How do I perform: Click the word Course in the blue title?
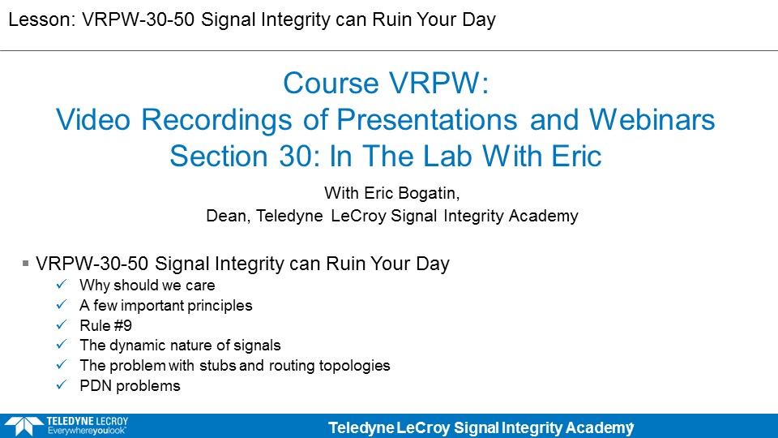tap(331, 83)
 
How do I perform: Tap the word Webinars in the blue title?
tap(652, 120)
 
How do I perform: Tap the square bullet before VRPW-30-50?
tap(26, 263)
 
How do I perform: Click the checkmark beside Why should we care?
tap(62, 285)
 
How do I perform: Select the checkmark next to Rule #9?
tap(62, 324)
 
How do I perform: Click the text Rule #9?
tap(105, 326)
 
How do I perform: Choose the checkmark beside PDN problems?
tap(62, 384)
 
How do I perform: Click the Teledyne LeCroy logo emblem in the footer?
tap(24, 426)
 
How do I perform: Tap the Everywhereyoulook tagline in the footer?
tap(87, 431)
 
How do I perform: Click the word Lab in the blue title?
tap(443, 157)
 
